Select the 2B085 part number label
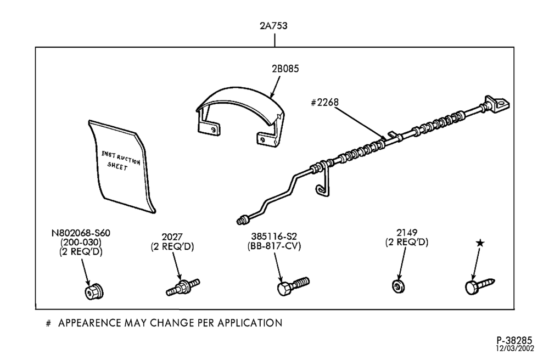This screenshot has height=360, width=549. (x=285, y=69)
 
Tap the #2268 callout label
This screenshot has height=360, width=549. (x=324, y=102)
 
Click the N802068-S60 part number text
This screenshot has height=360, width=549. (x=81, y=233)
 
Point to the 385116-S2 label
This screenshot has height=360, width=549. (x=274, y=237)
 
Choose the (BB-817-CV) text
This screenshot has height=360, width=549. (x=274, y=246)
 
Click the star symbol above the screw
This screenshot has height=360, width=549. (x=480, y=243)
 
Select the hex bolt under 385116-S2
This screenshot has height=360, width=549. (x=293, y=286)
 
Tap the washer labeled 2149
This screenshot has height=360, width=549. (x=399, y=286)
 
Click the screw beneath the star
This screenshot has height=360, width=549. (x=480, y=286)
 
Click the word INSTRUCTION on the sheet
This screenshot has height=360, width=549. (x=121, y=157)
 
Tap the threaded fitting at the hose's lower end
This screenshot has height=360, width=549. (x=243, y=220)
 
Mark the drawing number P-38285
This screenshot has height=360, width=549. (x=514, y=340)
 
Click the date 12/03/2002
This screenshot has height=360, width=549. (x=515, y=348)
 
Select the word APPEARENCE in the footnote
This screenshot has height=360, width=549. (x=90, y=323)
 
